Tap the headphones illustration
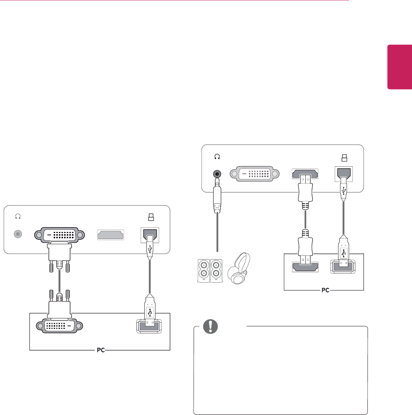coord(239,269)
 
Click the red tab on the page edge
coord(400,67)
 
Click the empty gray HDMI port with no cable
coord(110,235)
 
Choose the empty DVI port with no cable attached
coord(255,174)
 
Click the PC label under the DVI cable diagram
coord(101,350)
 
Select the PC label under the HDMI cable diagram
coord(325,290)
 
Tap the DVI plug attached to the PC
coord(59,304)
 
